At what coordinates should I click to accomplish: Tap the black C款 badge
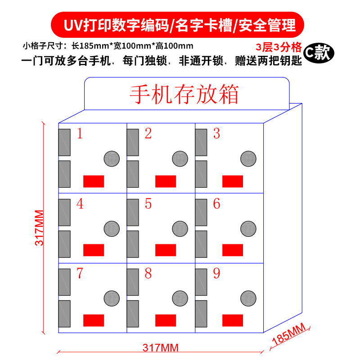tap(319, 53)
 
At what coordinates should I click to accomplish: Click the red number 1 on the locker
tap(80, 134)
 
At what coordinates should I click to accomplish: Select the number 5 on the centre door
tap(148, 204)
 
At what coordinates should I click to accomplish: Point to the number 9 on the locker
tap(216, 274)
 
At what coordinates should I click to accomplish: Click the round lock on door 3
tap(248, 158)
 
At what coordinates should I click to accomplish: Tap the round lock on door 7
tap(112, 298)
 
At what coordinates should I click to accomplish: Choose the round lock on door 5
tap(180, 229)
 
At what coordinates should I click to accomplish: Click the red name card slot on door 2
tap(166, 181)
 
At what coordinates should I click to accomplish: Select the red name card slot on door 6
tap(233, 250)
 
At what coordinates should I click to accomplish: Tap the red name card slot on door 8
tap(166, 320)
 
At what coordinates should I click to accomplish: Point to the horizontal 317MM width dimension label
tap(161, 347)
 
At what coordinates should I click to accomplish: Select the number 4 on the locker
tap(80, 204)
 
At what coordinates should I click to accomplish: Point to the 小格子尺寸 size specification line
tap(108, 46)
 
